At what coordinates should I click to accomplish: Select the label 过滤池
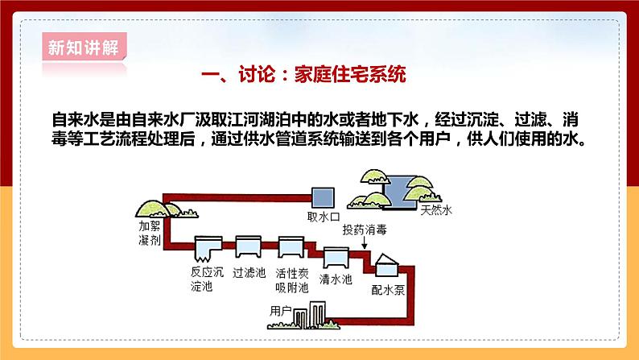coord(249,272)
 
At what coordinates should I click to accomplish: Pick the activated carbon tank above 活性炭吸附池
coord(290,246)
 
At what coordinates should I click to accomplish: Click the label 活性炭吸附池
coord(291,278)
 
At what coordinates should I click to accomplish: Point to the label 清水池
coord(336,279)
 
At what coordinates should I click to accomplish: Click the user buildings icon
coord(309,316)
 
